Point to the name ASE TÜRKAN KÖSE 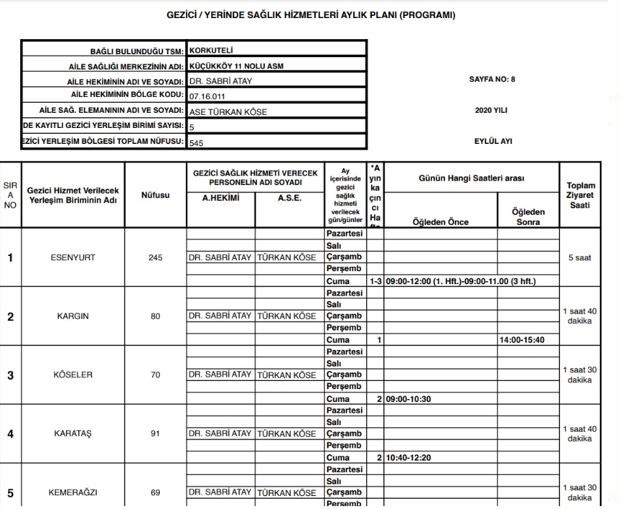coord(227,112)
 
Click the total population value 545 coord(196,143)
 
